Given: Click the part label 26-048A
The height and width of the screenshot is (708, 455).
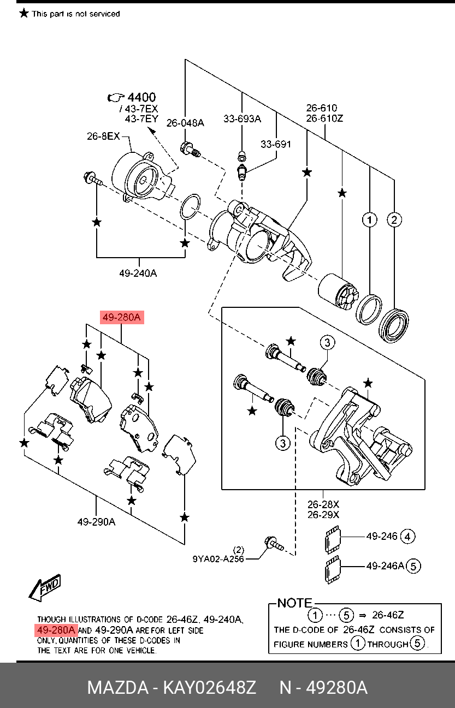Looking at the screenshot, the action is pos(185,123).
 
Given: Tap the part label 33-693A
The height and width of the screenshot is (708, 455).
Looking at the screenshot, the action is pos(242,118).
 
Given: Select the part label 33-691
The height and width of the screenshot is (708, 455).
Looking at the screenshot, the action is pos(276,144).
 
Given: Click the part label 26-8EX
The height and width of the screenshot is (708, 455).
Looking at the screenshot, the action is pos(103,136).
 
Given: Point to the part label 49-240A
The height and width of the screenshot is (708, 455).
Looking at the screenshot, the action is pos(138,273).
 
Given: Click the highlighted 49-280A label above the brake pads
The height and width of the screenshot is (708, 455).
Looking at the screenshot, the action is pos(122,317).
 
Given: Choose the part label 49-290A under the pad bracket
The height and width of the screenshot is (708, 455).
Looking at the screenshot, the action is pos(97,521).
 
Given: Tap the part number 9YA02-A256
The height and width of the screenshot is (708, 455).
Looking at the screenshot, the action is pos(218,559).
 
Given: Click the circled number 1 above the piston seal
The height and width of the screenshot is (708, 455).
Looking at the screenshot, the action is pos(370,219).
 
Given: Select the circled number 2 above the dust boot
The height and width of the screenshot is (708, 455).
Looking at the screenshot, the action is pos(394,219).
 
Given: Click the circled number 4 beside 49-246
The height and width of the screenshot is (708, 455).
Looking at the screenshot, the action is pos(407,537).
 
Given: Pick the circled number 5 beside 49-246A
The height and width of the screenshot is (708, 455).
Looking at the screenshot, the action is pos(413,566).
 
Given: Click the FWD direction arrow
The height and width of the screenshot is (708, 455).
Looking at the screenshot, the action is pos(45,587).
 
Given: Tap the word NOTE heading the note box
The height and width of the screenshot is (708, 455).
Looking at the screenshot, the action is pos(295,603).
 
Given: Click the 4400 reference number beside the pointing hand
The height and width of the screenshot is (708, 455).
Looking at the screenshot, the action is pos(141,97).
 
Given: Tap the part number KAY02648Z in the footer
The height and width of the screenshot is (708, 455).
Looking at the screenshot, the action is pos(209,687).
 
